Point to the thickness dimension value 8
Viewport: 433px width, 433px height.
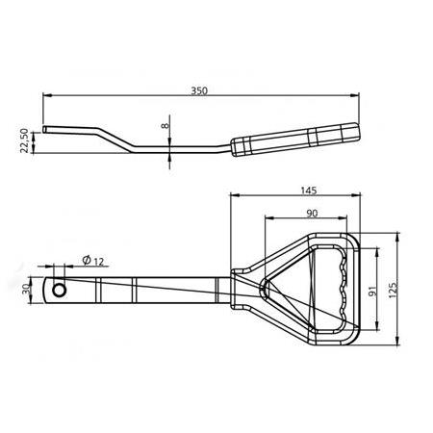(x=165, y=124)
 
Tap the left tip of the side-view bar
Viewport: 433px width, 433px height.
(x=44, y=128)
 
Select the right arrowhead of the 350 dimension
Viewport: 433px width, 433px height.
(x=357, y=96)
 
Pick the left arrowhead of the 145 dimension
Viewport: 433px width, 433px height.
(x=233, y=192)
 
